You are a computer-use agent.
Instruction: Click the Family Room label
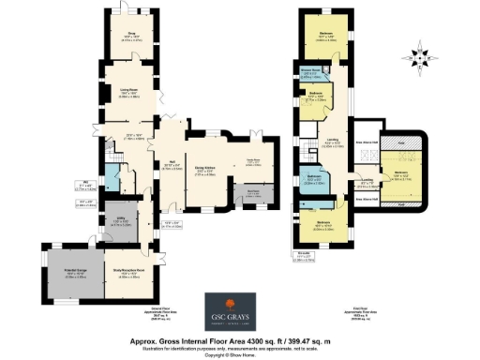pos(253,161)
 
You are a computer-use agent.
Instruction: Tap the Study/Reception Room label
pos(131,275)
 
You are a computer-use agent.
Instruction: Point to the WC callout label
pos(84,185)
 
